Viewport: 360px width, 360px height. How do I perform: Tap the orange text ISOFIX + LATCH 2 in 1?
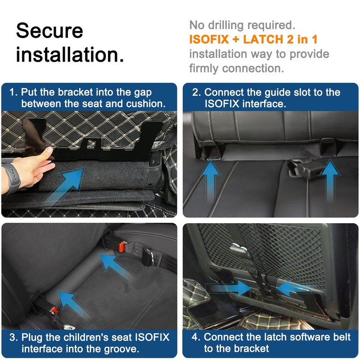[253, 39]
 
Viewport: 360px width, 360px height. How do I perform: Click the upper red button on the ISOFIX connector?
[122, 247]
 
